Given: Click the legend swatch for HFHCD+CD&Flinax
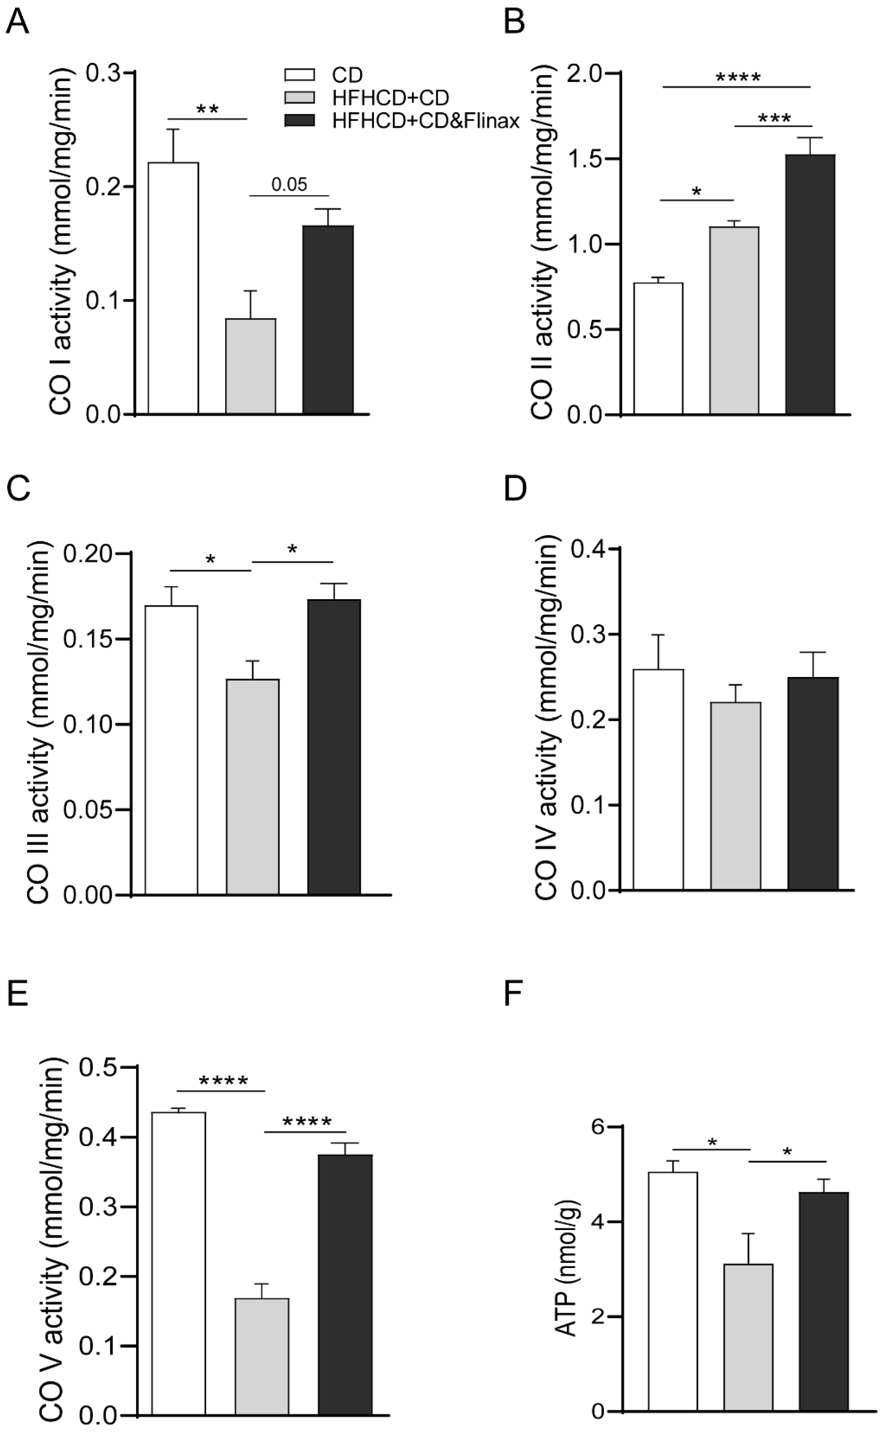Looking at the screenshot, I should (x=299, y=121).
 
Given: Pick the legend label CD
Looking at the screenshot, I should (x=347, y=75).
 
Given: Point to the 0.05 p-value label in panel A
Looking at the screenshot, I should (x=289, y=185).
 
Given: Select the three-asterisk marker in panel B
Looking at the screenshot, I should (x=774, y=119).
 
